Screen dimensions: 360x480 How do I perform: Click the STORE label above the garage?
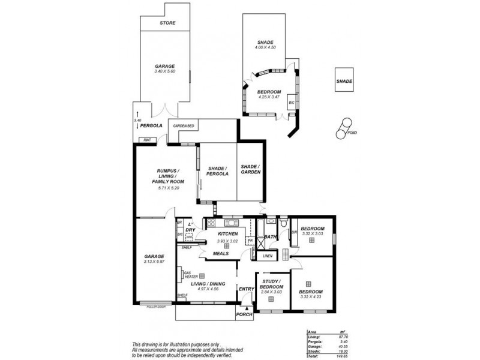167,23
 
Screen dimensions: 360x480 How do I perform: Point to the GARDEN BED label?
183,126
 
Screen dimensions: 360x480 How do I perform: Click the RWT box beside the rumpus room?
146,140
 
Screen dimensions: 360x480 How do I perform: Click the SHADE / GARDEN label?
250,170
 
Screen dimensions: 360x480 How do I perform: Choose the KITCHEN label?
228,234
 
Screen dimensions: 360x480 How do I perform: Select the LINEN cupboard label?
267,256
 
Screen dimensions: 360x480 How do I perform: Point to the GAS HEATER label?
191,274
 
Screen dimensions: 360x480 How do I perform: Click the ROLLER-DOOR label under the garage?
155,307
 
